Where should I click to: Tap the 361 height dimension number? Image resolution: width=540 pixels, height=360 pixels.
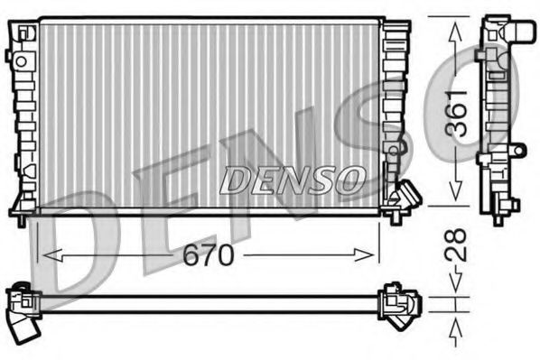(x=459, y=112)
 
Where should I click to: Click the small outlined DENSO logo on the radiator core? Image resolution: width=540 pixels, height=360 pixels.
(x=291, y=180)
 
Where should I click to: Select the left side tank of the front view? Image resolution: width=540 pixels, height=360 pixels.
(x=23, y=117)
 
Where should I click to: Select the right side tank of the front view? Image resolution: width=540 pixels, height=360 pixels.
(x=393, y=108)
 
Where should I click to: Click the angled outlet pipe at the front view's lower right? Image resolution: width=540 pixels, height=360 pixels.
(x=406, y=197)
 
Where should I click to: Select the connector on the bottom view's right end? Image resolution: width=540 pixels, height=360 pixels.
(x=394, y=302)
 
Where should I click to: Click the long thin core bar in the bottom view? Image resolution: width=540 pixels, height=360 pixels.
(x=208, y=304)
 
